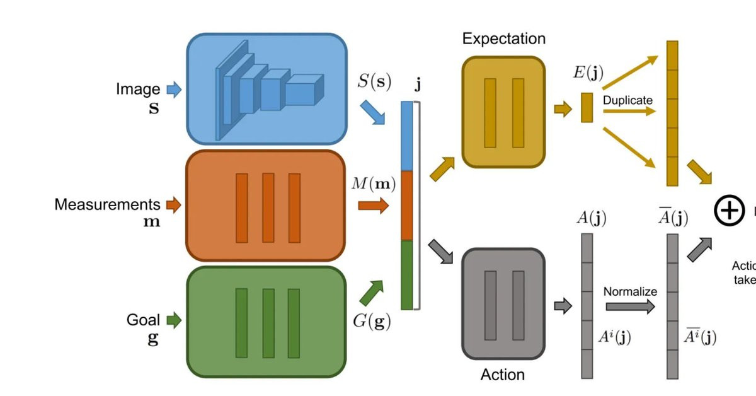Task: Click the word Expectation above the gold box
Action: (503, 38)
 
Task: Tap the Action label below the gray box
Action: (502, 375)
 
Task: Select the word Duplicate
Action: (627, 100)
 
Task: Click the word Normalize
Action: (630, 291)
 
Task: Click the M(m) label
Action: (374, 185)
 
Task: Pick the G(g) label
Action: (372, 321)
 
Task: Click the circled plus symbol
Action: (729, 210)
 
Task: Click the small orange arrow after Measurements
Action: (173, 204)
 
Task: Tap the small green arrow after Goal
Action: (174, 320)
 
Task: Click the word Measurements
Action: (107, 204)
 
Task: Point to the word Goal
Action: (143, 320)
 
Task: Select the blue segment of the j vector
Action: (406, 136)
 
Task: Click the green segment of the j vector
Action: (406, 275)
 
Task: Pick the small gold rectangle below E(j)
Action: (587, 107)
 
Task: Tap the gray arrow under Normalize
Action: (630, 306)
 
